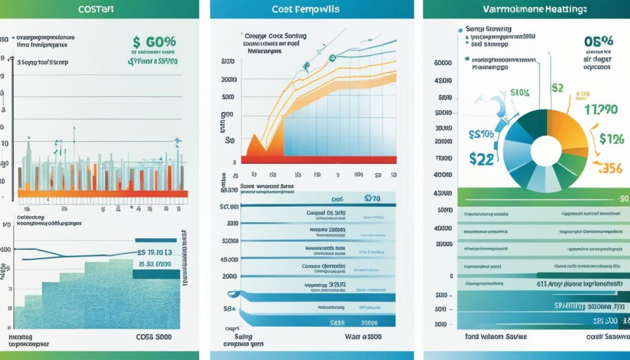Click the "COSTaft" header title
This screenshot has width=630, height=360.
99,10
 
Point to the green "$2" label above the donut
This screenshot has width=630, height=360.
557,87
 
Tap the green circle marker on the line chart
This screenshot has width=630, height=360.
332,58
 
